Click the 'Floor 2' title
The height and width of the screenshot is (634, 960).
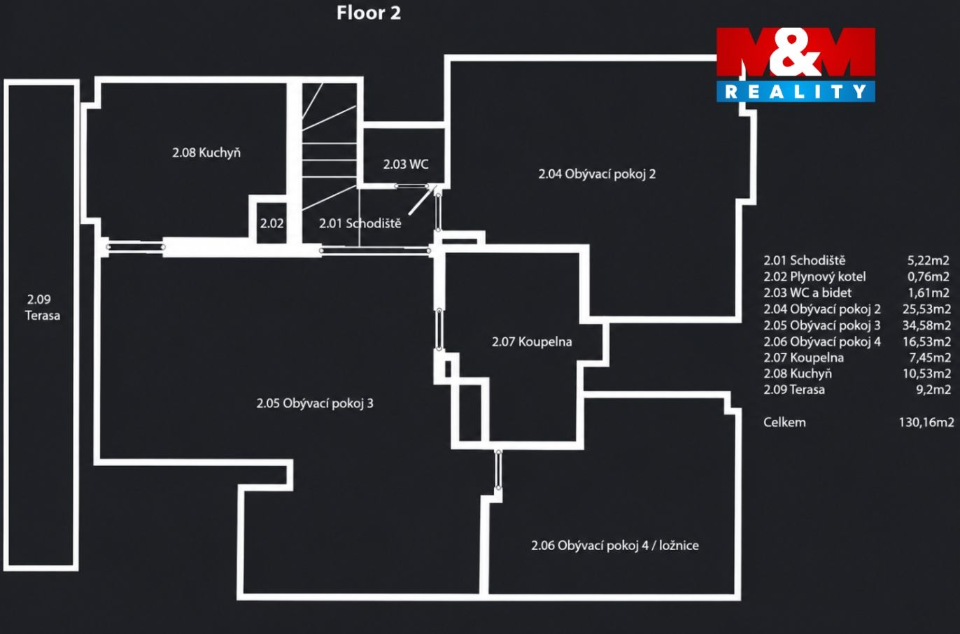[x=369, y=13]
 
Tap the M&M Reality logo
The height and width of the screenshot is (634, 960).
[x=796, y=64]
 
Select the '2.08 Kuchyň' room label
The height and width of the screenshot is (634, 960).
[x=206, y=153]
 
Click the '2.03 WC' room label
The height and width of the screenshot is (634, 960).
[x=405, y=164]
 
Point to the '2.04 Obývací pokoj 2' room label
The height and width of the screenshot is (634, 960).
[x=597, y=174]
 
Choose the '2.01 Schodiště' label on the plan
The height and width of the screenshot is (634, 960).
[x=360, y=223]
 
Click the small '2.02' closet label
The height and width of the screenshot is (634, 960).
[x=271, y=223]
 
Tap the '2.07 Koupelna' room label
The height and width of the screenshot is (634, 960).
[x=532, y=341]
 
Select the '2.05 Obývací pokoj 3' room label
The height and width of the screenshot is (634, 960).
[x=315, y=403]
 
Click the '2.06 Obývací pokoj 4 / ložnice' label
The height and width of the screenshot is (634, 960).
[x=614, y=545]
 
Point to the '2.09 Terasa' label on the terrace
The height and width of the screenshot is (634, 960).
[x=43, y=307]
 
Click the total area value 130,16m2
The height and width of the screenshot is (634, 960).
[x=926, y=422]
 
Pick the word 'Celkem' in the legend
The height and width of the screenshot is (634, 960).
[x=784, y=422]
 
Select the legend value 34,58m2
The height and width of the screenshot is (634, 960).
[x=926, y=325]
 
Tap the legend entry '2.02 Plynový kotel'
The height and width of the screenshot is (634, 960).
[x=814, y=277]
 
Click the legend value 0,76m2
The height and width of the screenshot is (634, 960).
[x=929, y=276]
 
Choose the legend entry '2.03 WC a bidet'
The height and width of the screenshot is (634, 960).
[x=807, y=293]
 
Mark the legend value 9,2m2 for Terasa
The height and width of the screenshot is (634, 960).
[x=933, y=390]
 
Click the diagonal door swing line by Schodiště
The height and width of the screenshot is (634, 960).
[x=422, y=200]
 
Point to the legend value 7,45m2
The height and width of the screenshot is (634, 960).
[x=930, y=358]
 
